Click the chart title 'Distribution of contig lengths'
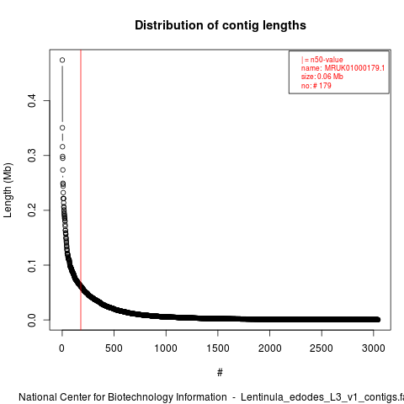coord(221,25)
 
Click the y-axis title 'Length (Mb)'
coord(8,190)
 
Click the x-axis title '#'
coord(220,372)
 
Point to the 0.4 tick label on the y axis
coord(32,100)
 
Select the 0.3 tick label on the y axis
coord(32,155)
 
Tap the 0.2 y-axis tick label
coord(32,210)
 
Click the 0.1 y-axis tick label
coord(32,265)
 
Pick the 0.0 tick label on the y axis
coord(32,320)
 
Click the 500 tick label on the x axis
coord(114,348)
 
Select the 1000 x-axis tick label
coord(166,348)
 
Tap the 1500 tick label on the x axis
coord(218,348)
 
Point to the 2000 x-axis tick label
coord(269,348)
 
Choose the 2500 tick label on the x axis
coord(322,348)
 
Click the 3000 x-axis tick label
coord(374,348)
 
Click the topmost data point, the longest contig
coord(62,60)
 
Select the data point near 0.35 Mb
coord(62,128)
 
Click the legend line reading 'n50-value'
coord(322,60)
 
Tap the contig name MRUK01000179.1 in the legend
coord(354,68)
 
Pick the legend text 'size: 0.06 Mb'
coord(322,77)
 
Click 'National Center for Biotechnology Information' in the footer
coord(123,397)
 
